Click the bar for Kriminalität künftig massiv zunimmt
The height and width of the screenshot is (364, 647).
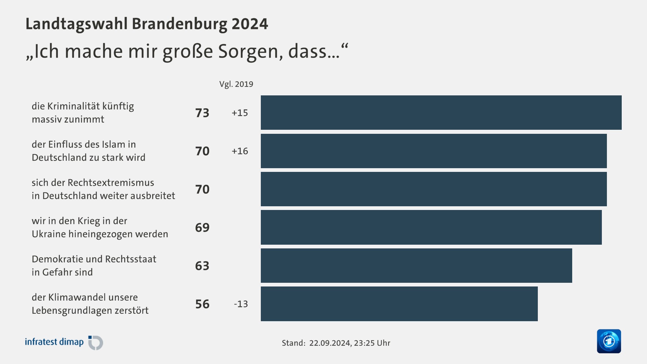(441, 113)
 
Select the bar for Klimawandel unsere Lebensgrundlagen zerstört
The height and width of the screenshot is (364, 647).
(399, 304)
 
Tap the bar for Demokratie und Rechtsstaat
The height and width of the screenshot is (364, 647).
(416, 266)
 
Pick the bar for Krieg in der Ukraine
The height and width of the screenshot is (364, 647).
(431, 227)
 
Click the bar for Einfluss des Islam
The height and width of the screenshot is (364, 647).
(434, 151)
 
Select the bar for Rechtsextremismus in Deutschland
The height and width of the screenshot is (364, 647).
(434, 189)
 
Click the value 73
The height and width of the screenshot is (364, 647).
(202, 113)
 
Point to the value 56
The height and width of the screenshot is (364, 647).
(202, 304)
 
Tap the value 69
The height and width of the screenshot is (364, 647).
(202, 227)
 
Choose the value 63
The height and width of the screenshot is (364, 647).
(202, 266)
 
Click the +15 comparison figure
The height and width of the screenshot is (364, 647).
(240, 113)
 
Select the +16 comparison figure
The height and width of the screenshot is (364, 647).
(240, 151)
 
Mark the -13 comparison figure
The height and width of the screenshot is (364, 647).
(241, 304)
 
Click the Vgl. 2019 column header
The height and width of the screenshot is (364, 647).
(236, 84)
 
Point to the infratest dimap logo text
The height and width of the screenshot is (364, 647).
(54, 342)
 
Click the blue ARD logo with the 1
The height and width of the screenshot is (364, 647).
(609, 341)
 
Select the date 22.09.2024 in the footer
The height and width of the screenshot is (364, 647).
(330, 343)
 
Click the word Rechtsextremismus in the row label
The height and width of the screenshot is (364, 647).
(111, 183)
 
